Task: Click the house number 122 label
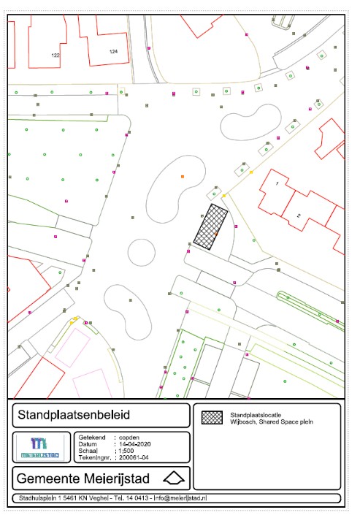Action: (x=55, y=55)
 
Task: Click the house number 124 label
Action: (x=113, y=52)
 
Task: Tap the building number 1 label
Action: (x=277, y=183)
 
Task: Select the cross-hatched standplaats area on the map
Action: (x=211, y=228)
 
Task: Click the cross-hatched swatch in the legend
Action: (x=212, y=417)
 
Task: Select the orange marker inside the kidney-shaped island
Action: (x=182, y=177)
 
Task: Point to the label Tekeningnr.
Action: (x=94, y=459)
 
